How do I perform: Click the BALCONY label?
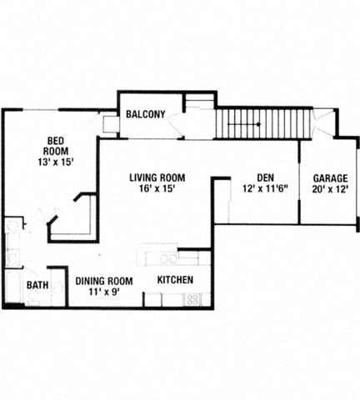145,114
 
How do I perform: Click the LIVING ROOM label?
157,177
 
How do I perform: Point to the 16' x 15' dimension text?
157,189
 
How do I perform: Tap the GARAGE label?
330,177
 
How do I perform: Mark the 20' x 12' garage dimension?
330,189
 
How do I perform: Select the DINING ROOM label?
104,281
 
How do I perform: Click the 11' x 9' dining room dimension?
104,292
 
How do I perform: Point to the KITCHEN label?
176,280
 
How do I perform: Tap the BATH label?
37,286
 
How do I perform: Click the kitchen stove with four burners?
192,299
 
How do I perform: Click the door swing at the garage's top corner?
323,126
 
